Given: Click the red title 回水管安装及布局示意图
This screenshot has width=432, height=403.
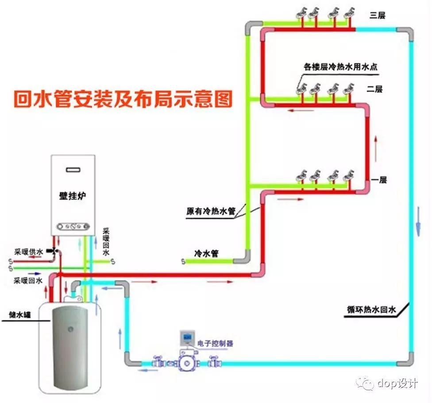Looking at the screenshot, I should click(x=123, y=99).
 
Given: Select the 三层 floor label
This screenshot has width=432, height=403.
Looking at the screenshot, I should click(x=377, y=15).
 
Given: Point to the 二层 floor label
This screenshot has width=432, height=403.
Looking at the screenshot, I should click(x=374, y=89).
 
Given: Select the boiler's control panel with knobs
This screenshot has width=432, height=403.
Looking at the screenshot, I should click(x=73, y=228).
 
